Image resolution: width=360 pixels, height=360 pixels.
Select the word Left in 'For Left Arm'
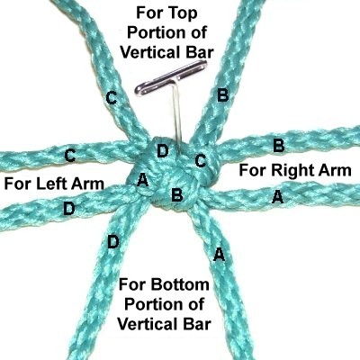(x=52, y=183)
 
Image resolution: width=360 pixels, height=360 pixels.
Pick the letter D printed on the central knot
(x=162, y=151)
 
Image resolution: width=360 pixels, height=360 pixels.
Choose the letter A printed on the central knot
(x=142, y=181)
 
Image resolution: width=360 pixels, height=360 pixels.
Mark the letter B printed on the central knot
(x=176, y=195)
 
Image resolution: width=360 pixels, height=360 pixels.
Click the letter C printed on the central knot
(x=201, y=160)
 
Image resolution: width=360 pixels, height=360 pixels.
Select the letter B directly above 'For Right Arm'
(x=278, y=146)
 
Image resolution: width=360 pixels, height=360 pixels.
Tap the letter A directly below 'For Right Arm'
(x=277, y=197)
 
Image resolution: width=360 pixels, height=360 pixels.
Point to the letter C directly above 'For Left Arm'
(x=70, y=156)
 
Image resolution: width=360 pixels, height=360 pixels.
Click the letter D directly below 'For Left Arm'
(x=68, y=208)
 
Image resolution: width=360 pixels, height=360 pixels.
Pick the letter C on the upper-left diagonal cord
(x=112, y=98)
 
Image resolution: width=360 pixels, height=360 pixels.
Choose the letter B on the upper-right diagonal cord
(x=223, y=95)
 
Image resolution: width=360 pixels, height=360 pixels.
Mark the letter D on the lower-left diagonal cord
(x=113, y=242)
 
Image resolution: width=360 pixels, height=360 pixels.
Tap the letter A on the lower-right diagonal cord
(x=219, y=255)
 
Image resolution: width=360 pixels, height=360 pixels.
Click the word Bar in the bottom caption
(x=195, y=324)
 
